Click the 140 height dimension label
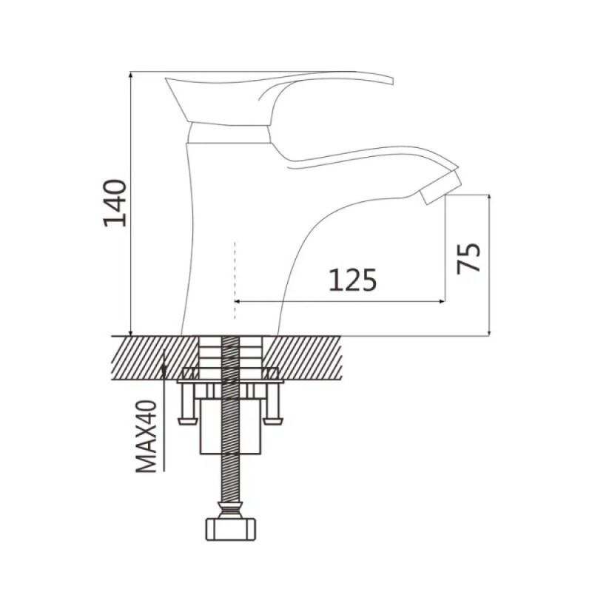115,203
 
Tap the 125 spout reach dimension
353,280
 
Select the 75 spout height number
468,258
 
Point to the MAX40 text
146,436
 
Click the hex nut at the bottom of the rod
230,529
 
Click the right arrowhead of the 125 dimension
441,301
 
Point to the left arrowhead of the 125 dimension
238,301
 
